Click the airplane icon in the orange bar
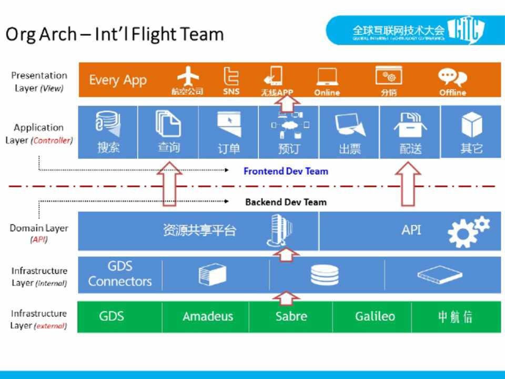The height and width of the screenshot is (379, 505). coord(188,77)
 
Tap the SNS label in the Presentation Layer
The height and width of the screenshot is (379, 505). coord(231,92)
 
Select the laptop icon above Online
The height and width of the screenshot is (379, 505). coord(327,77)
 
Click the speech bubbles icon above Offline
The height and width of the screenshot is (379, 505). coord(452,77)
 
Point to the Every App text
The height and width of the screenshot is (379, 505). coord(118,80)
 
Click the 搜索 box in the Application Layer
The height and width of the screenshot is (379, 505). coord(108,132)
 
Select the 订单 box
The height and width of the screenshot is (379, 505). coord(229,132)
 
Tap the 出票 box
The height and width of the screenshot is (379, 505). coord(350,132)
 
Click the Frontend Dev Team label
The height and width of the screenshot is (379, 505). coord(286,171)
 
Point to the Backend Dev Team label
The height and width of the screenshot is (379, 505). coord(286,202)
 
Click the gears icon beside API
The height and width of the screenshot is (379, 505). coord(468,231)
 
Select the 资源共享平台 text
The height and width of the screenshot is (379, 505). coord(199,230)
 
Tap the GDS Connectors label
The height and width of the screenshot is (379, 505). coord(120,274)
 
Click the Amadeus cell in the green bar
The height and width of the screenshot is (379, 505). coord(208,316)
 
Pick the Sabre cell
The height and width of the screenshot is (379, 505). coord(291,316)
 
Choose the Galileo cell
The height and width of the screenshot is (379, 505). coord(375,316)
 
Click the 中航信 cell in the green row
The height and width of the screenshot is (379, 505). coord(456,316)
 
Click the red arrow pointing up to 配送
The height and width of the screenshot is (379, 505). coord(410,184)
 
